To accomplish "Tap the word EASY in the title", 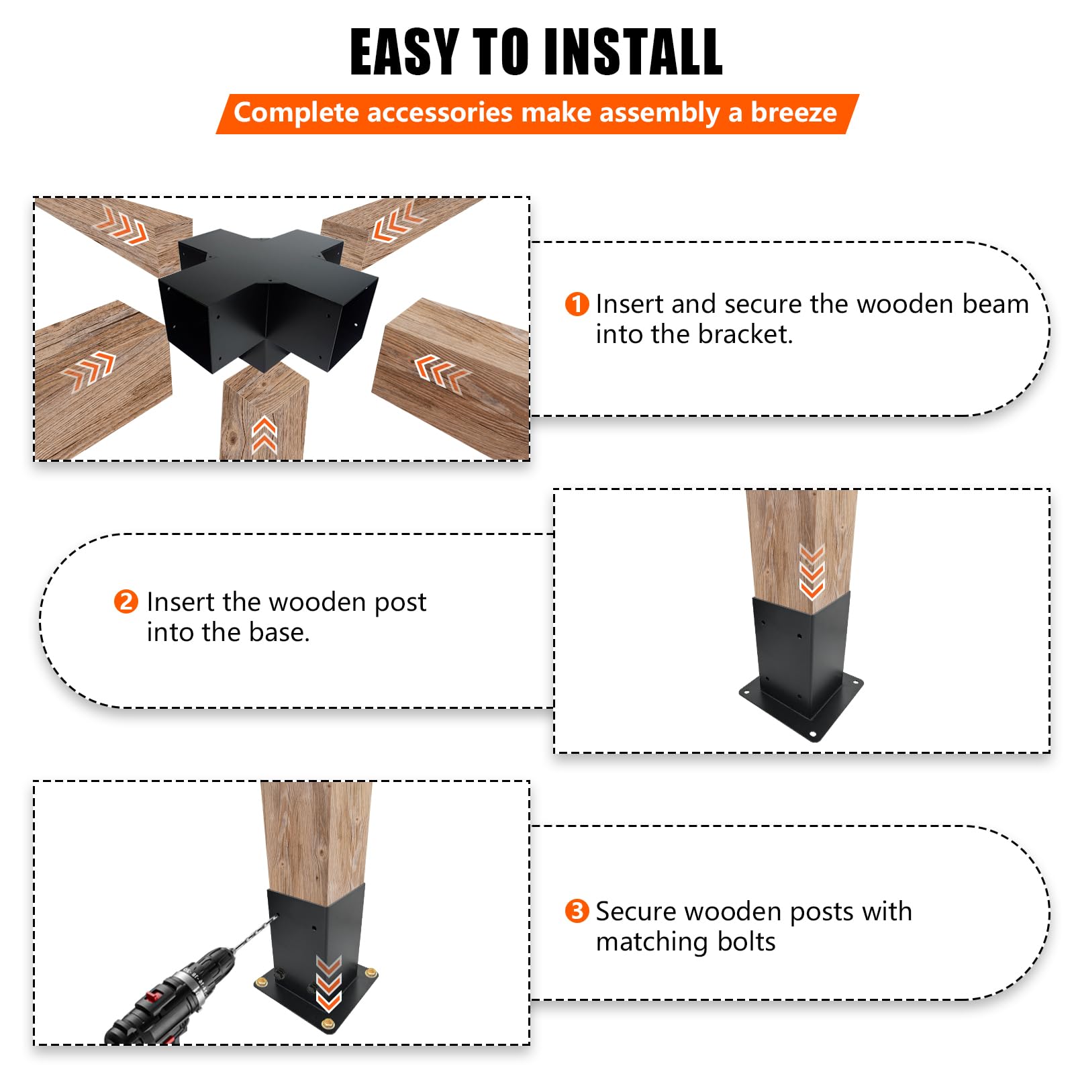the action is pos(404,52).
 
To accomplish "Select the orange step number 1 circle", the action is pos(577,304).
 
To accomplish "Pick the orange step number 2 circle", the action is pos(126,601).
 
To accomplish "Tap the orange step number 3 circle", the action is pos(577,911).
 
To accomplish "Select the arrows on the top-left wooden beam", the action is pos(122,225).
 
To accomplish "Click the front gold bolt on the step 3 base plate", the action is pos(328,1023).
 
